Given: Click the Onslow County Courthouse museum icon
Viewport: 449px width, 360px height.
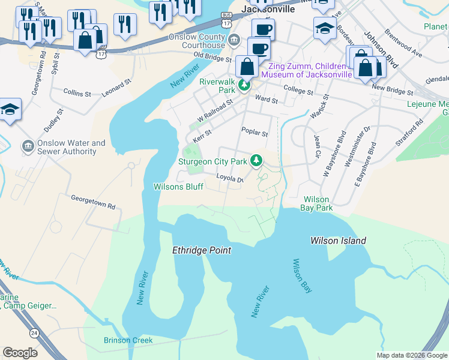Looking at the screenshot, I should point(234,40).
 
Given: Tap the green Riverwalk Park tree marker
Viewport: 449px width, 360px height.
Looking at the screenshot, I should point(244,86).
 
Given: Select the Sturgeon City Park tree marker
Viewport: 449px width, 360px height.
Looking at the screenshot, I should point(256,160).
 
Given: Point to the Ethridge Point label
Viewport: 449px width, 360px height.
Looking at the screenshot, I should point(202,250).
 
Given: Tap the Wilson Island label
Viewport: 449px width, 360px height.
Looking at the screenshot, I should point(338,241).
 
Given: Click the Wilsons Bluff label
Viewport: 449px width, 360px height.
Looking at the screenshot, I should point(178,187).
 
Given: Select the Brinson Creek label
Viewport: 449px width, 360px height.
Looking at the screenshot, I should point(128,340).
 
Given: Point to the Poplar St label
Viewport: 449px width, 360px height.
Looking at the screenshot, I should point(254,131).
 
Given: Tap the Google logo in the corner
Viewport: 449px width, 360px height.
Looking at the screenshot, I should point(20,353).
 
